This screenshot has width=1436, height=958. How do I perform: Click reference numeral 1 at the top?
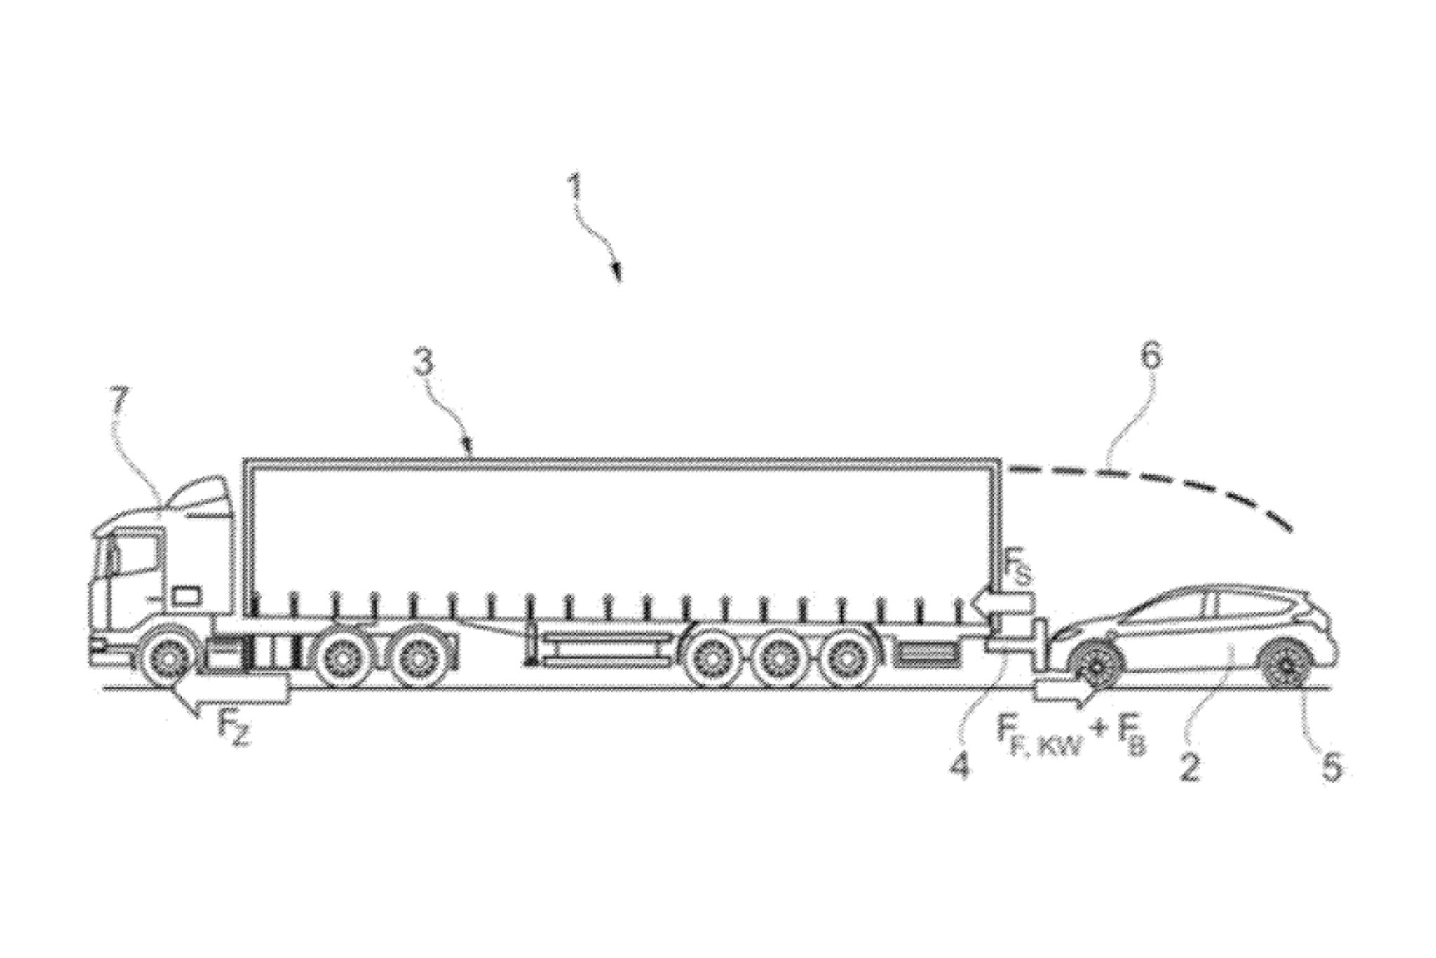pos(575,189)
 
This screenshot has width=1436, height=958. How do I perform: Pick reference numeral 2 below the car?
pos(1190,765)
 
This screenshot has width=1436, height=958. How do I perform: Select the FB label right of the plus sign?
pos(1130,738)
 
